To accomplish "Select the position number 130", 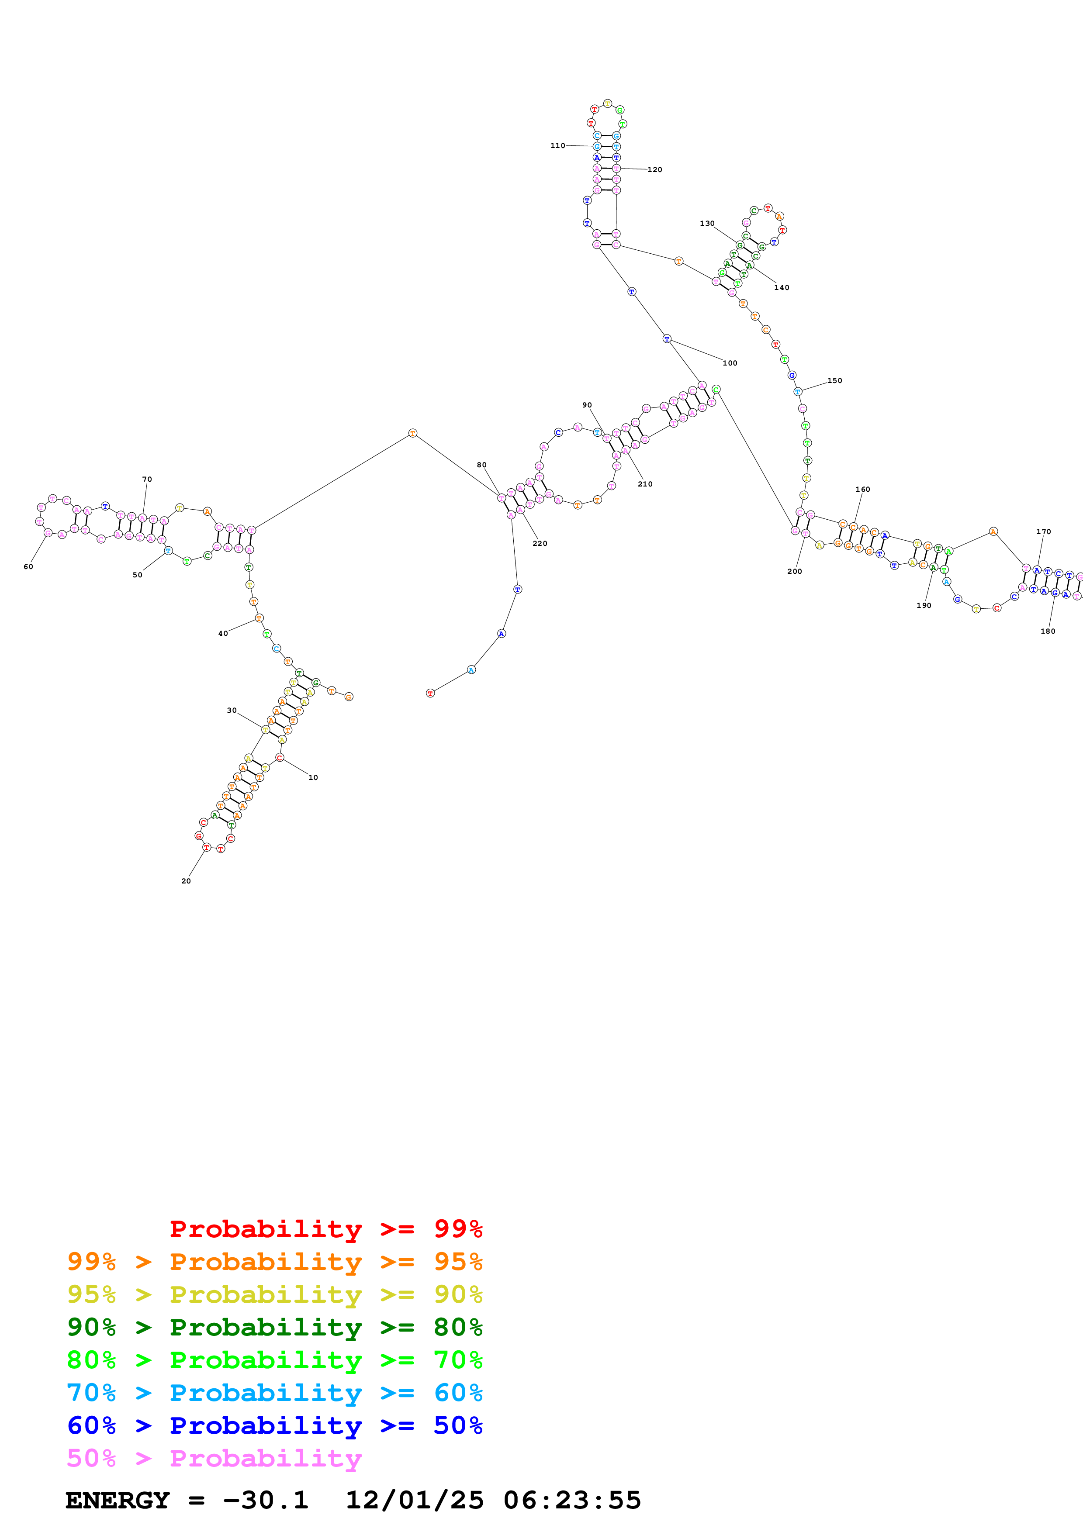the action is [x=707, y=224].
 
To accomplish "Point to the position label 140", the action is [x=782, y=288].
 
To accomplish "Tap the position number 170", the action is [x=1043, y=532].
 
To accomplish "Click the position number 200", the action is [x=794, y=571].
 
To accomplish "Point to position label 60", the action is [x=28, y=566].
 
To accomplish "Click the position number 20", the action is [x=186, y=881].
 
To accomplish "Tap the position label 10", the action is [x=313, y=777].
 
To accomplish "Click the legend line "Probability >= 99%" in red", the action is [x=325, y=1228].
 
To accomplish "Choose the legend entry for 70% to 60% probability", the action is [x=274, y=1393].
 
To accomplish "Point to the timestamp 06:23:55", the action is [x=572, y=1500].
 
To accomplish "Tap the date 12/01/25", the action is [x=415, y=1500].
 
